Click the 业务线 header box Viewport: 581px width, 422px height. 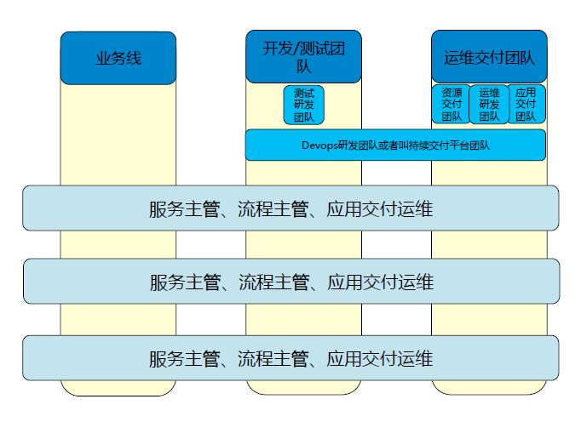(x=118, y=58)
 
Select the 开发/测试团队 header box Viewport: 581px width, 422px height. (x=304, y=57)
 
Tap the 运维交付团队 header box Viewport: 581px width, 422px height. (x=489, y=58)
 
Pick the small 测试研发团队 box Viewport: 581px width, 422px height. (x=304, y=105)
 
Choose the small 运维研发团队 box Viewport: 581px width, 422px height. (x=489, y=105)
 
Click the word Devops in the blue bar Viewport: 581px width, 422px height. (x=319, y=145)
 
